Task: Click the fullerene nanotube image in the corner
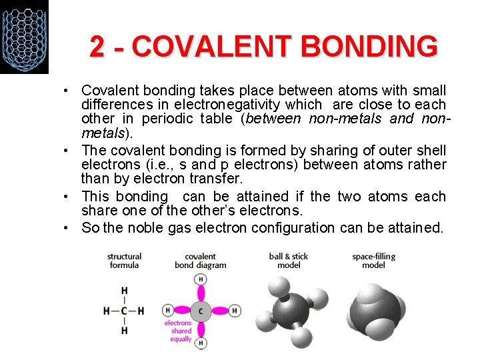[24, 37]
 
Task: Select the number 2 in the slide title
[97, 47]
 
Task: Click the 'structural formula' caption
[124, 261]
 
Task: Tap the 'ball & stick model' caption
[288, 261]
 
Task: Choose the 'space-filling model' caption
[373, 261]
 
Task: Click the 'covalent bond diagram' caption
[200, 261]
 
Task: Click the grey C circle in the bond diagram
[201, 311]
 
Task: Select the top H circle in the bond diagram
[201, 279]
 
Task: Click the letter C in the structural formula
[124, 311]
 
